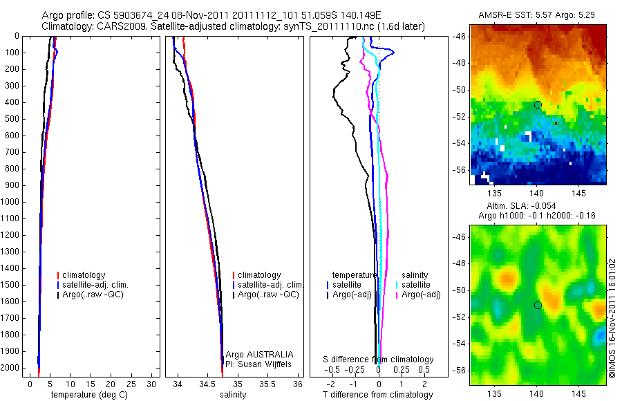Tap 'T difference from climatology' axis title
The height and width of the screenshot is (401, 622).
[377, 395]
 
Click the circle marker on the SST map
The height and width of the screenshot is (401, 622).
[538, 104]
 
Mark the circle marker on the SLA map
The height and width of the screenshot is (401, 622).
[538, 305]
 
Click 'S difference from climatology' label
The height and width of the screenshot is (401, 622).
[379, 360]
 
